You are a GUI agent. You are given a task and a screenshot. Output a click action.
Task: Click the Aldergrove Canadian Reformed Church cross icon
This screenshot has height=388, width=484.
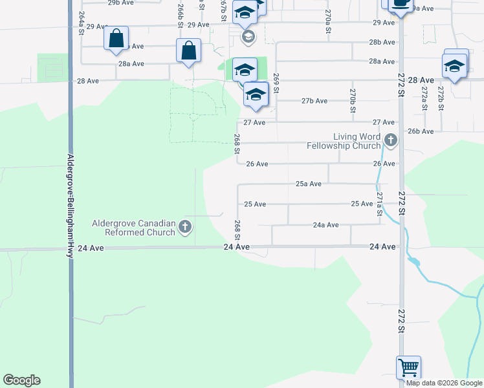coord(185,226)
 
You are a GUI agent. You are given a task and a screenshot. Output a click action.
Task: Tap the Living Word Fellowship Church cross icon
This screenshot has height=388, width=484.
coord(390,140)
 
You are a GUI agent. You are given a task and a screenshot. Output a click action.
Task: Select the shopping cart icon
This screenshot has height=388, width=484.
coord(408,368)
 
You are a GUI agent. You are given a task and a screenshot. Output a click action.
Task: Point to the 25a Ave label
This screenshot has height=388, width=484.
coord(309,184)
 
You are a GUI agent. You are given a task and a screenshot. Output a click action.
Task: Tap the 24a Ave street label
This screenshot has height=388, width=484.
coord(325,225)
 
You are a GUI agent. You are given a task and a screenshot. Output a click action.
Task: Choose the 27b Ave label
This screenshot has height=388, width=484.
coord(314,101)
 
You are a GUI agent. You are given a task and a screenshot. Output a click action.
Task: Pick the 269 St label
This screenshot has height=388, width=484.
coord(276,83)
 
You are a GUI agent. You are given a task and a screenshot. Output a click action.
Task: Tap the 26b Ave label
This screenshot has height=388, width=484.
coord(421,131)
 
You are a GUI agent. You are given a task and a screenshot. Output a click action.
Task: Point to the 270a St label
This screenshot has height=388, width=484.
coord(329,21)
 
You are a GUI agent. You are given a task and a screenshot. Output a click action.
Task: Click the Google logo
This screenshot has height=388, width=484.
coord(21,380)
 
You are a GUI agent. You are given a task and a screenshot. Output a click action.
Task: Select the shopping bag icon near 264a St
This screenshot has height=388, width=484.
coord(116,39)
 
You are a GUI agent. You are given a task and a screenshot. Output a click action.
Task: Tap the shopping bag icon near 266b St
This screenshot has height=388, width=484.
coord(188,50)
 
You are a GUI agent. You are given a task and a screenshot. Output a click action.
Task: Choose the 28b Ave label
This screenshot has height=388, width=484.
coord(382,42)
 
